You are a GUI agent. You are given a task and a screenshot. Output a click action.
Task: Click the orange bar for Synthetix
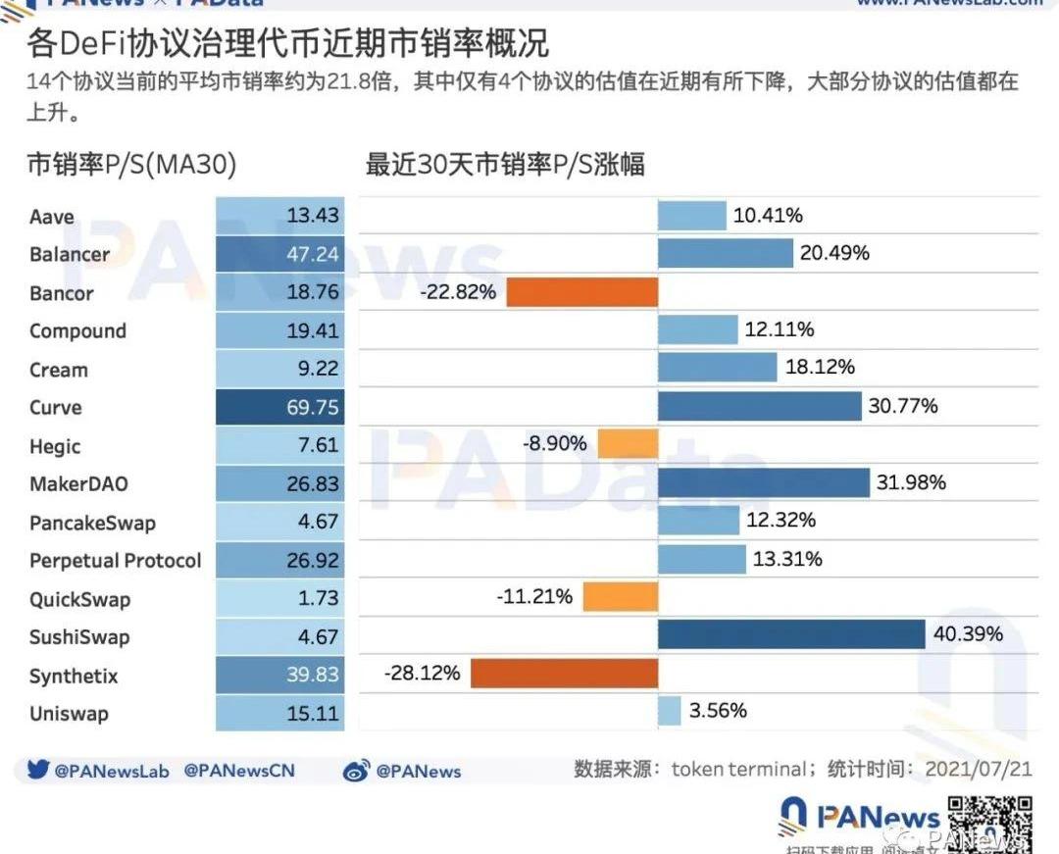click(564, 674)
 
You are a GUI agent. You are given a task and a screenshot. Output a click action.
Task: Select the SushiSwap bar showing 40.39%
click(791, 635)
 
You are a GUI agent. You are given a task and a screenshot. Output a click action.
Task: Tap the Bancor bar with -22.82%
click(581, 292)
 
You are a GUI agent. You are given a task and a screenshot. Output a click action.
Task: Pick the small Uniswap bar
click(669, 711)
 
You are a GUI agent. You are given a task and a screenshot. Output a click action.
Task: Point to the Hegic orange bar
click(628, 445)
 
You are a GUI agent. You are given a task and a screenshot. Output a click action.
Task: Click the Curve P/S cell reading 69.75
click(280, 408)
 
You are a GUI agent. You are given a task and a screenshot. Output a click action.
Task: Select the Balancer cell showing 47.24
click(280, 254)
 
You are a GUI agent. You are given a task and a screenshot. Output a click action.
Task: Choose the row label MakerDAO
click(78, 483)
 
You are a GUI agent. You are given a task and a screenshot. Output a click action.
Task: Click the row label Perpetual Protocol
click(115, 561)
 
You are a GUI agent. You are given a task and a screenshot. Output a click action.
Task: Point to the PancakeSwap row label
click(92, 523)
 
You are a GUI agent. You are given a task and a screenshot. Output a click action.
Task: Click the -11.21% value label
click(534, 596)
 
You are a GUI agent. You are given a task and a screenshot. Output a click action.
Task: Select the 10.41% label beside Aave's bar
click(768, 216)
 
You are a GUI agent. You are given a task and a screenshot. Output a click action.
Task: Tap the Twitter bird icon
click(38, 771)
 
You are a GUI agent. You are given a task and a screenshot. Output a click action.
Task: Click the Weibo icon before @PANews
click(357, 772)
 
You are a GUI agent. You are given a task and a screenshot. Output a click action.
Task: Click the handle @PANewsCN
click(239, 772)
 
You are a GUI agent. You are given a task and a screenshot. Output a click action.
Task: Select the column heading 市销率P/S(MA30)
click(131, 166)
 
